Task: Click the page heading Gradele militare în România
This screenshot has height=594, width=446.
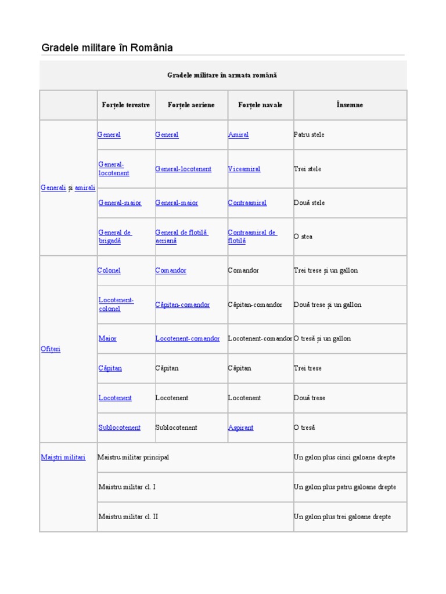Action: click(x=107, y=48)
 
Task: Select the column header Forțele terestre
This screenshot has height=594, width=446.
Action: click(x=125, y=105)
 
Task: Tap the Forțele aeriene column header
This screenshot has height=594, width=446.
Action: click(x=191, y=105)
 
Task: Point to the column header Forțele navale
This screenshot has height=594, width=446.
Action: click(x=260, y=105)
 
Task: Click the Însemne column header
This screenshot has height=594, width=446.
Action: click(x=350, y=105)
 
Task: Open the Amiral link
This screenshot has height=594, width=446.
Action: click(x=238, y=135)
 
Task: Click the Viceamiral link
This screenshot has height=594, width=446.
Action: click(x=244, y=169)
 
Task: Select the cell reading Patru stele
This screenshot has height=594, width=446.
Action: click(x=310, y=135)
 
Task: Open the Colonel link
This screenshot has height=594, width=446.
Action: click(x=109, y=270)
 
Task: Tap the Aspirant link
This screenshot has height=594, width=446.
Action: click(x=240, y=428)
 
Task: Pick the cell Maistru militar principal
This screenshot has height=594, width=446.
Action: click(x=134, y=457)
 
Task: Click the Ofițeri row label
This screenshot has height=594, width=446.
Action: click(x=51, y=349)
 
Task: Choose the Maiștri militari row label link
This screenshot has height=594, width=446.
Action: click(x=63, y=457)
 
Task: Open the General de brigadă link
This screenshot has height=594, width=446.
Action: click(x=115, y=237)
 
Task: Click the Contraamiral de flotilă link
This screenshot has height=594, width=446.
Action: click(x=252, y=237)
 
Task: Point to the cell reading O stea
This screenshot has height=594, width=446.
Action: click(x=303, y=237)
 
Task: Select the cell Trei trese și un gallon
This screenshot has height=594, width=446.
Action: click(x=326, y=270)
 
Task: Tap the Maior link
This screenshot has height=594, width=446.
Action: click(x=107, y=338)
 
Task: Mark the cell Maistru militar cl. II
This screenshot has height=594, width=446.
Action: click(x=128, y=516)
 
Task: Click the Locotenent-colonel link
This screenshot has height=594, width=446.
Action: click(x=116, y=305)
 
